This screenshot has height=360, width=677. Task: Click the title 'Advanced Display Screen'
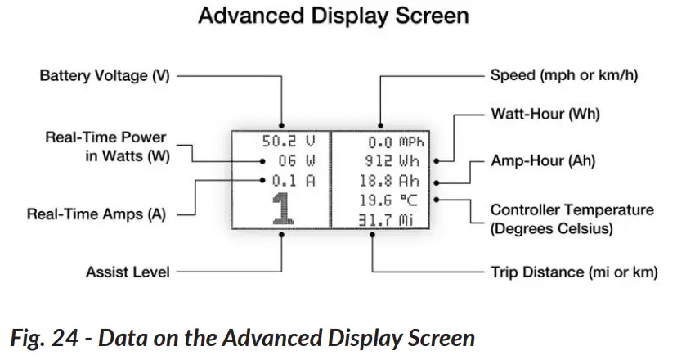click(x=338, y=16)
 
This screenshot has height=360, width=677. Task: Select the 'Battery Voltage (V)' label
click(x=105, y=75)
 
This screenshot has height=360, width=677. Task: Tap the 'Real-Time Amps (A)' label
click(x=96, y=215)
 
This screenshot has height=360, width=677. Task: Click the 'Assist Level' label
click(x=128, y=272)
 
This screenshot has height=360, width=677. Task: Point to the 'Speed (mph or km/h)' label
click(x=563, y=75)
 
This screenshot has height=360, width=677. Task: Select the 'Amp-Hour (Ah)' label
click(x=543, y=161)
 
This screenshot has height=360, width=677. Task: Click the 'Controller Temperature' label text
click(x=572, y=210)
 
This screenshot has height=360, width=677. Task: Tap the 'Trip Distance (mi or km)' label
click(x=573, y=272)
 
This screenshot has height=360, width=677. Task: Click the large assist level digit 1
click(x=282, y=209)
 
